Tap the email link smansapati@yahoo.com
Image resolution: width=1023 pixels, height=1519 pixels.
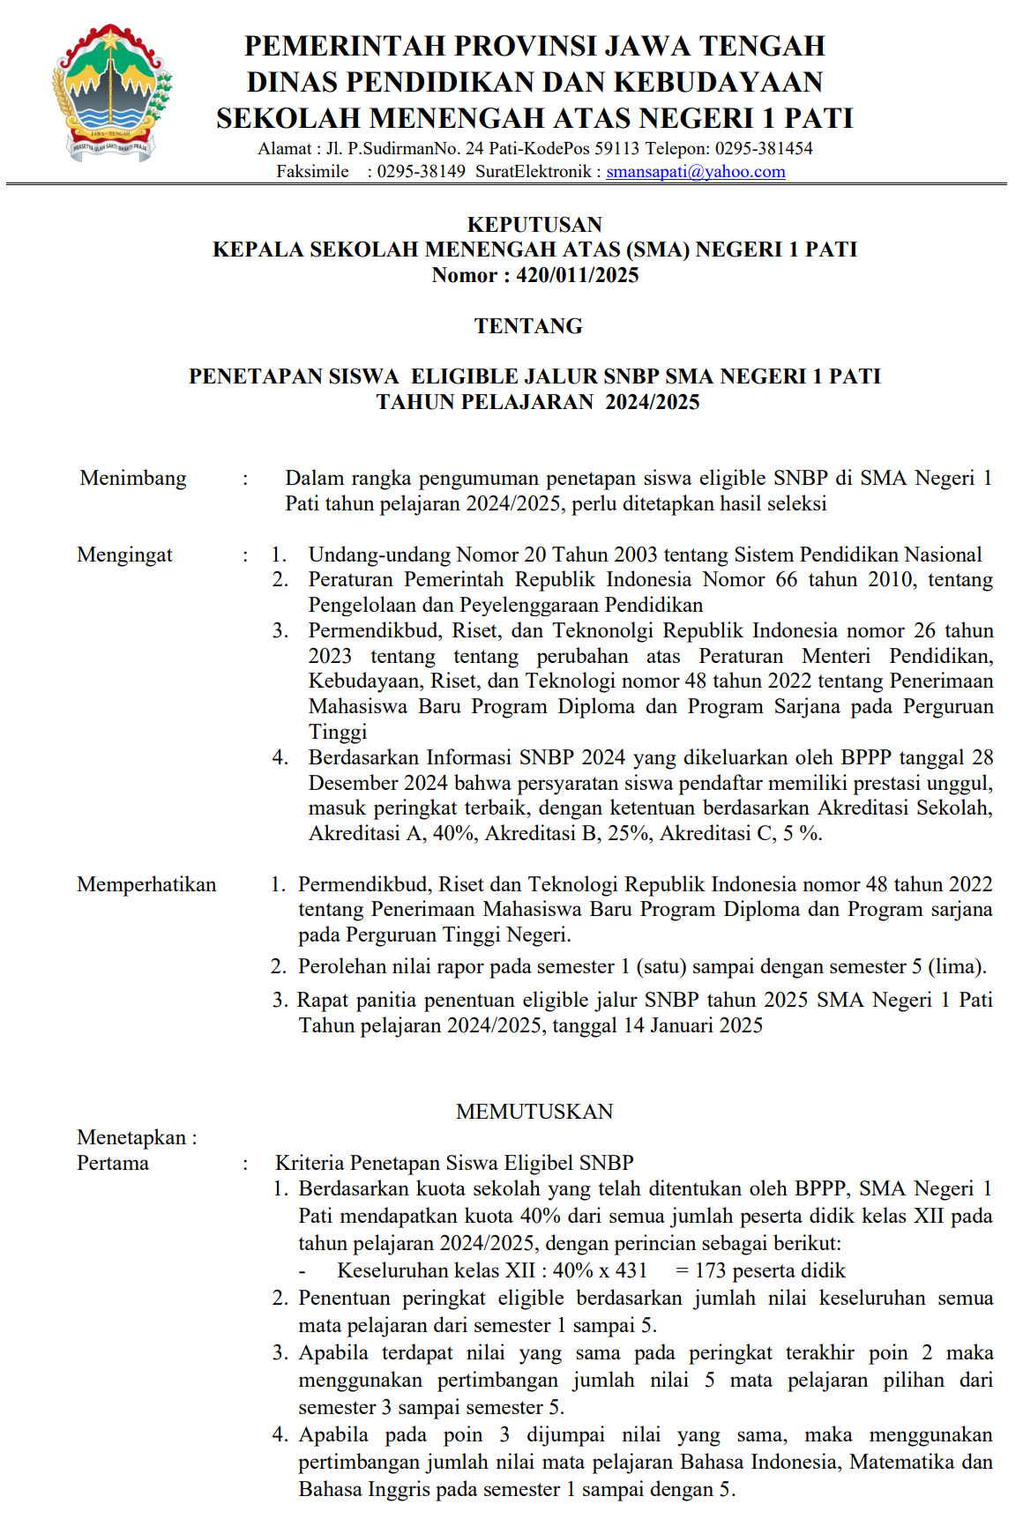[x=695, y=172]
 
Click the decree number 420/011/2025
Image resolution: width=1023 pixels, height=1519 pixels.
[x=577, y=275]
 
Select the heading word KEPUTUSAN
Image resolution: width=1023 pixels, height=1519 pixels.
[x=534, y=225]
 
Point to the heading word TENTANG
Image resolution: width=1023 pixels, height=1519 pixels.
[x=528, y=326]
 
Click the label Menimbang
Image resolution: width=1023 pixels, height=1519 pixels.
[x=133, y=478]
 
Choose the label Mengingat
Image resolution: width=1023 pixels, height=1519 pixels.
[x=124, y=555]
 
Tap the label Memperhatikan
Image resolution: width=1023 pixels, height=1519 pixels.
[x=146, y=884]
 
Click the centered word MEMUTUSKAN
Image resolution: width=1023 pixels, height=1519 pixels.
[x=534, y=1112]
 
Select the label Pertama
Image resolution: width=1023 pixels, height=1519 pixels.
[x=113, y=1163]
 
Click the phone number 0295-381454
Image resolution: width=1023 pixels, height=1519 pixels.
[x=764, y=148]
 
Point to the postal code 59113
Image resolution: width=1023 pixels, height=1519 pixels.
[x=616, y=148]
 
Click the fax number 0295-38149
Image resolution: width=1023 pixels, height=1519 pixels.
[x=422, y=172]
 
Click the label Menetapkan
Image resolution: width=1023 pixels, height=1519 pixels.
[x=131, y=1137]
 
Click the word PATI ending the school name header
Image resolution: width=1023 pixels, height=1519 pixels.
[x=819, y=118]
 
